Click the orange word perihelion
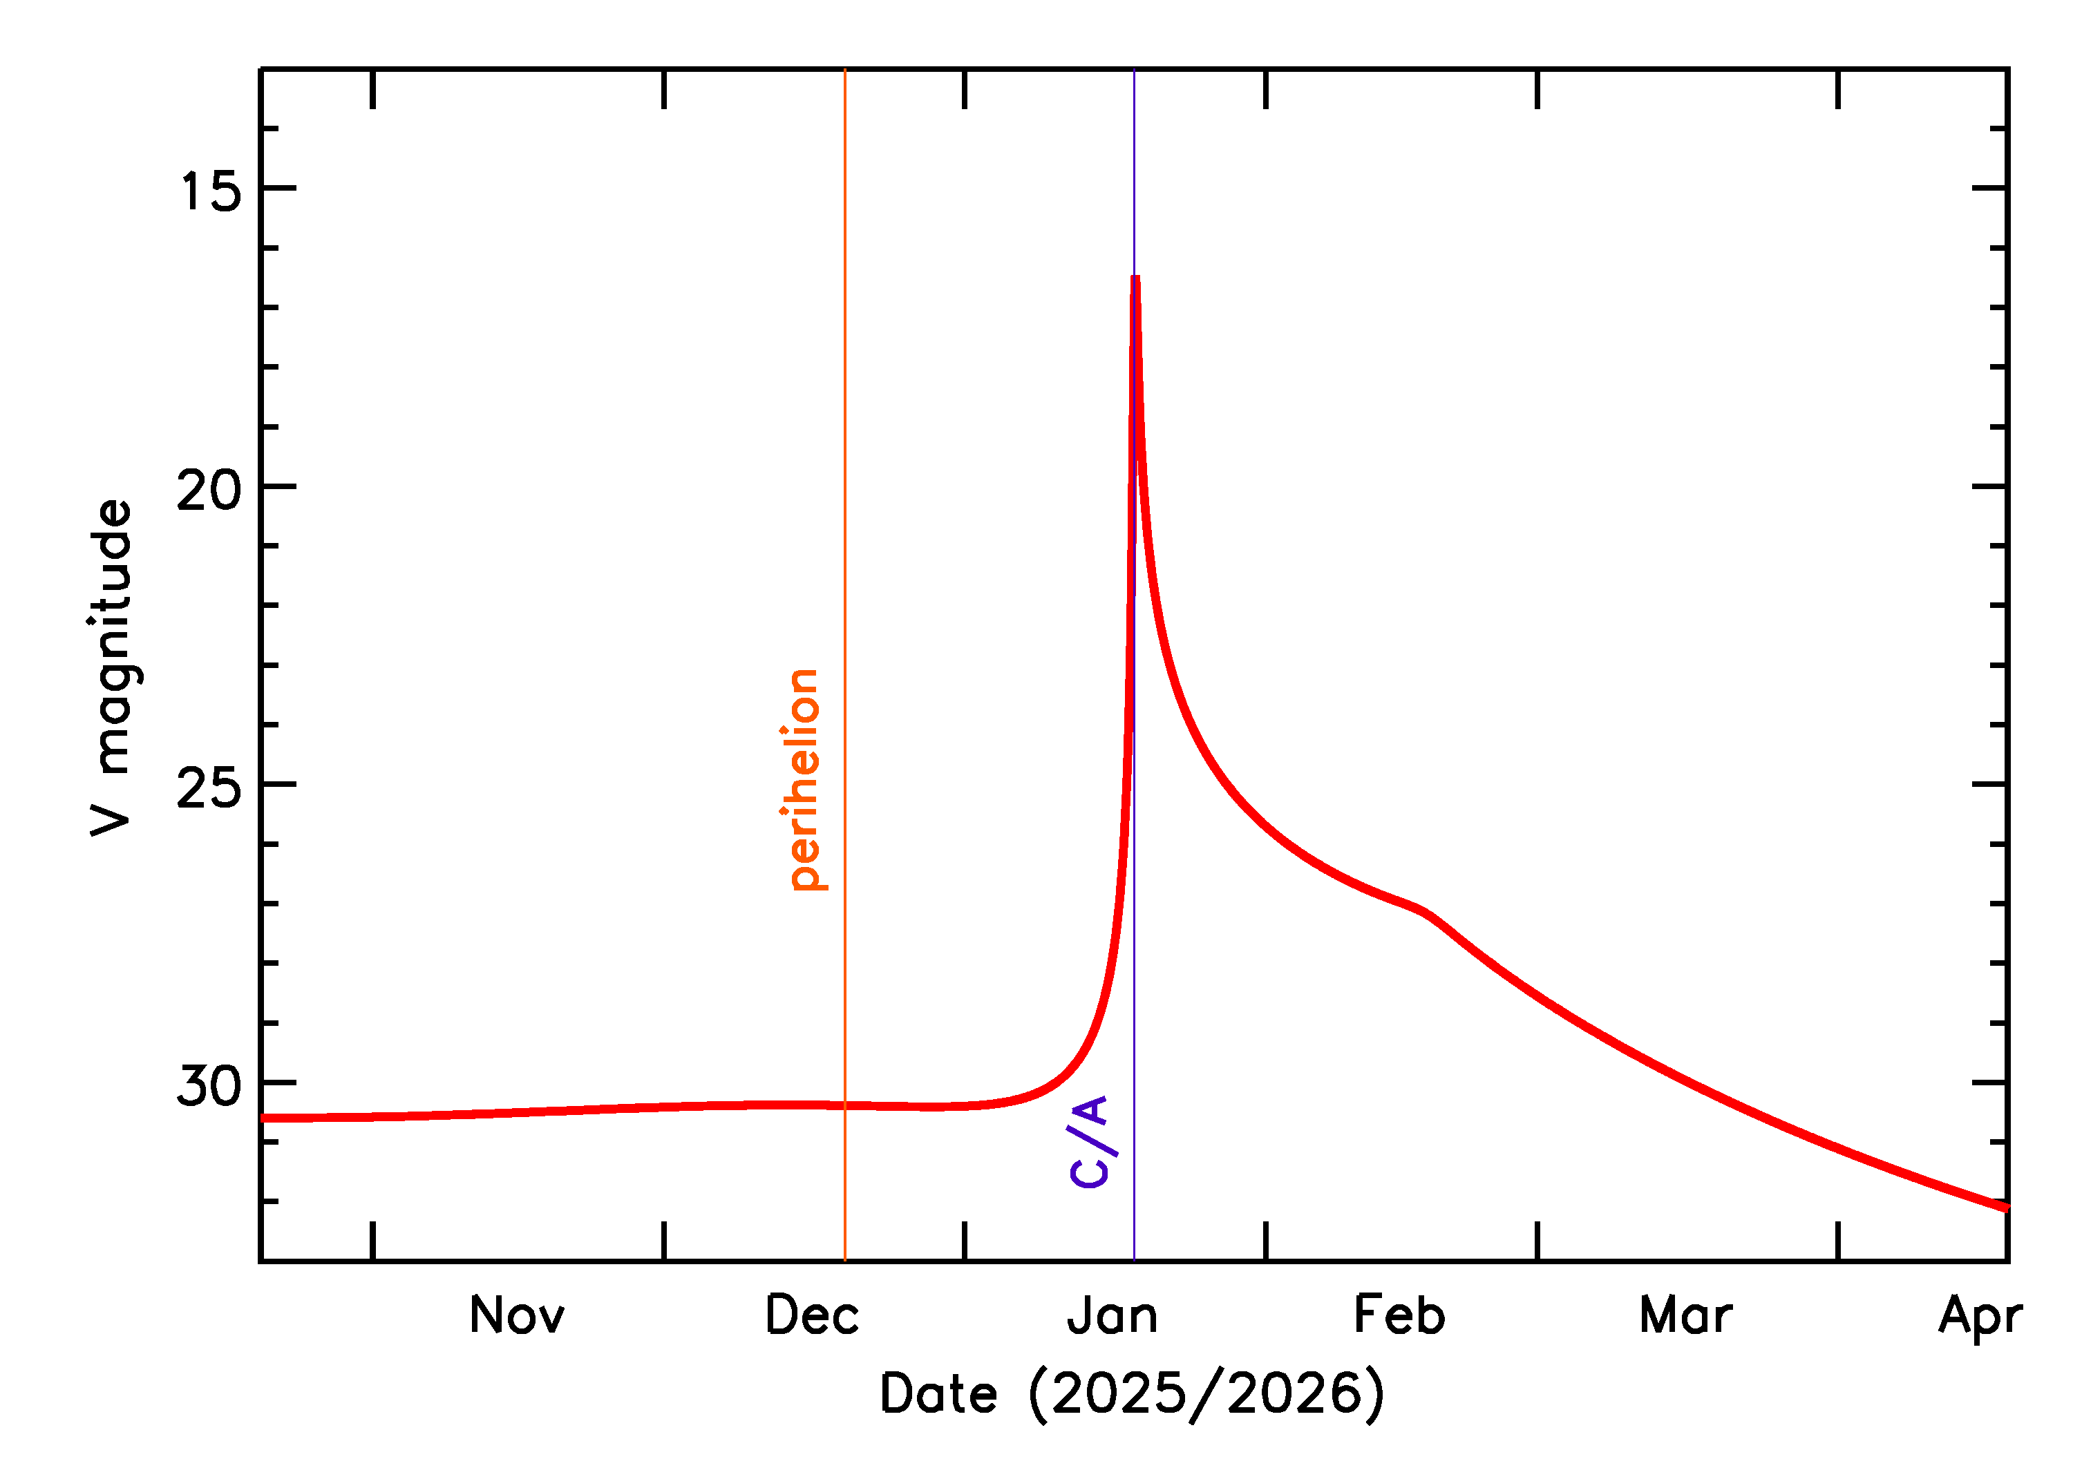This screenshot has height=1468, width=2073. pyautogui.click(x=803, y=779)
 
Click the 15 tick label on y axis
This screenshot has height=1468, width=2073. pyautogui.click(x=211, y=191)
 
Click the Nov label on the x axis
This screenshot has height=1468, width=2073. pyautogui.click(x=517, y=1316)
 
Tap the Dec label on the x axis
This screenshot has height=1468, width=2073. pyautogui.click(x=812, y=1316)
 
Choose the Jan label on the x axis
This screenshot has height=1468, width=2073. pyautogui.click(x=1112, y=1316)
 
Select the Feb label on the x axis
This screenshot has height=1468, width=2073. pyautogui.click(x=1399, y=1316)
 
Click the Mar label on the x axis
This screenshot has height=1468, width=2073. pyautogui.click(x=1686, y=1316)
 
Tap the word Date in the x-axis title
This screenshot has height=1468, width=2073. pyautogui.click(x=938, y=1394)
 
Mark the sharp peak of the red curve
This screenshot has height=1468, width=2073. pyautogui.click(x=1135, y=278)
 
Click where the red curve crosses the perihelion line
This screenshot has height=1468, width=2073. pyautogui.click(x=845, y=1105)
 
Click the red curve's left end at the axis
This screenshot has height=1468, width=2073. pyautogui.click(x=264, y=1118)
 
